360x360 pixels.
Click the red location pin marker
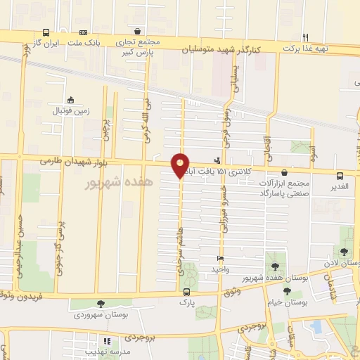[x=181, y=165]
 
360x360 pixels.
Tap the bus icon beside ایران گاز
[x=46, y=32]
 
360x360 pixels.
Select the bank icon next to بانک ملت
[x=83, y=32]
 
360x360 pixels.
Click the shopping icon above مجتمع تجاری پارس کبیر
[x=138, y=32]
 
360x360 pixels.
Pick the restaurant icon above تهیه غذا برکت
[x=305, y=37]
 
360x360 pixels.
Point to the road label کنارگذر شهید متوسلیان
[x=222, y=49]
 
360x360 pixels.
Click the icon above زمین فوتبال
[x=70, y=100]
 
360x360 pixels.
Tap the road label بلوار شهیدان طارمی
[x=71, y=162]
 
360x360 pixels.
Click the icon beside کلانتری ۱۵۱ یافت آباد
[x=217, y=160]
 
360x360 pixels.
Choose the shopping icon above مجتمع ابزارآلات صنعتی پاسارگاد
[x=284, y=172]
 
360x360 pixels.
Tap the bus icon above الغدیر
[x=340, y=176]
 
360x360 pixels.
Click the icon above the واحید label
[x=220, y=258]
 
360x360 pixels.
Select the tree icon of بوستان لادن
[x=343, y=252]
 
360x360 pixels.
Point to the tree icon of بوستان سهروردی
[x=101, y=303]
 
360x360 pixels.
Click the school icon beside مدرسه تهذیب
[x=106, y=341]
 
